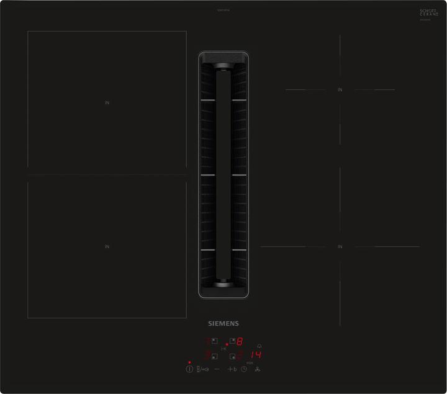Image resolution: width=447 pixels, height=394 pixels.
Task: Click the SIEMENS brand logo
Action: pos(222,323)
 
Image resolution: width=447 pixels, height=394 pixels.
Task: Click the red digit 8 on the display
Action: pos(240,341)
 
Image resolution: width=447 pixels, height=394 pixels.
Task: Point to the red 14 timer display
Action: pos(256,356)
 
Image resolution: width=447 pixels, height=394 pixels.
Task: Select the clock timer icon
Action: pos(244,369)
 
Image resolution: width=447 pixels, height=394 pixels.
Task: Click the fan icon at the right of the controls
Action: pos(258,369)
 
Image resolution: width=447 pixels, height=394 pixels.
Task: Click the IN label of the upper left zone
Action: pos(107,102)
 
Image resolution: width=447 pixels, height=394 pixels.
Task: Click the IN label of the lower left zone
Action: pos(107,247)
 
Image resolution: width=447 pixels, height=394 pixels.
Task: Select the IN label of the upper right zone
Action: pos(340,90)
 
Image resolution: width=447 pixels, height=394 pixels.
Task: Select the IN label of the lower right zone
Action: pos(340,247)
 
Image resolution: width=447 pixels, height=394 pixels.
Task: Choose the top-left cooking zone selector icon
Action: pos(214,341)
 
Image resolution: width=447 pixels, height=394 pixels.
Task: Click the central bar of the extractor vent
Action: pos(222,174)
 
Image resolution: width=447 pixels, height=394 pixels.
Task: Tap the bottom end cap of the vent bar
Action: pos(222,284)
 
